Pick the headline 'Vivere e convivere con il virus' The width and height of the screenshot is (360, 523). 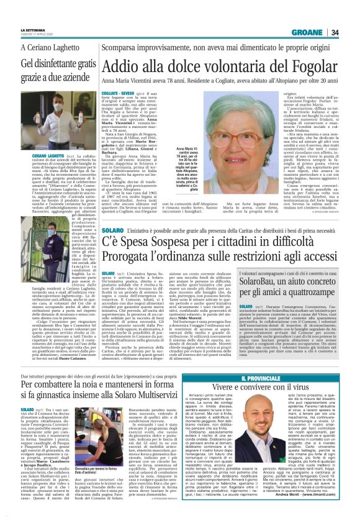point(287,370)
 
